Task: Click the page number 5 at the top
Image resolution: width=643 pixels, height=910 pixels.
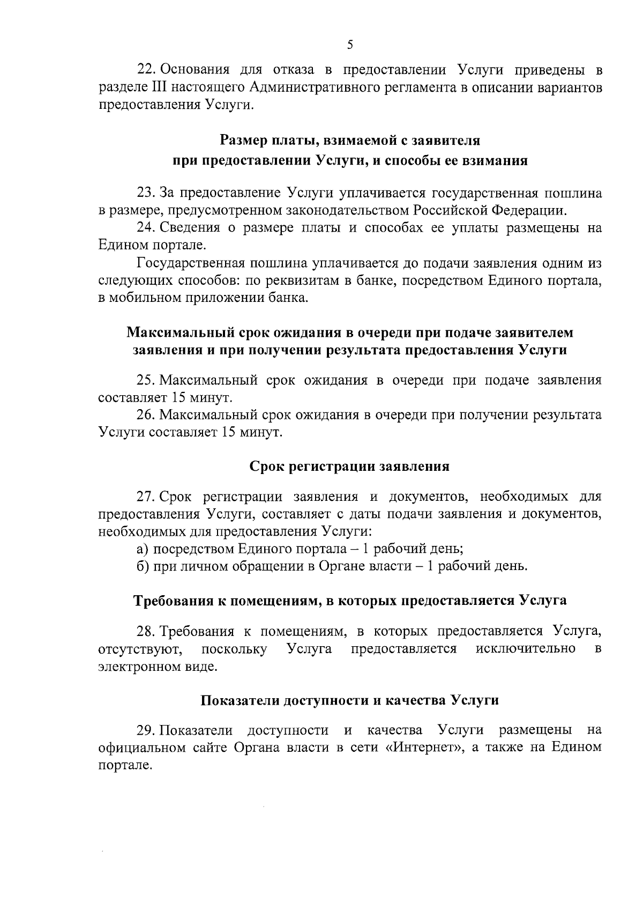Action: tap(349, 45)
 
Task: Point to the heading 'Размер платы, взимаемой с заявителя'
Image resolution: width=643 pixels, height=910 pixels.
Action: tap(350, 142)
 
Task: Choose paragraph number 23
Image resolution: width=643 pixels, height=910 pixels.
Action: tap(146, 193)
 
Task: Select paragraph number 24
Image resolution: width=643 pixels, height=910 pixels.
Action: tap(146, 228)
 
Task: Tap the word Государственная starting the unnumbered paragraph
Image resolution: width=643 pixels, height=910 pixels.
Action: tap(191, 263)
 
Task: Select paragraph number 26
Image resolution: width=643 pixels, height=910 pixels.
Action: tap(146, 415)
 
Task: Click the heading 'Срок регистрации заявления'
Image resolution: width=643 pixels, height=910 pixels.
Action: tap(349, 466)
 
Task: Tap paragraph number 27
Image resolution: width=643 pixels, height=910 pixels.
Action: tap(146, 497)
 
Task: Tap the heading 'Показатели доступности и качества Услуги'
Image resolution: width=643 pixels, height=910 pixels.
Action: tap(349, 700)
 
